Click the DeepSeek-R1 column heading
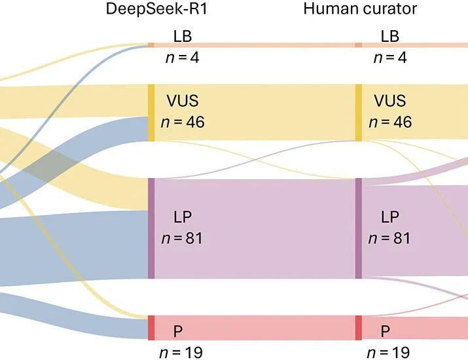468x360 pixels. (156, 9)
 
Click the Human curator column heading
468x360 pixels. (360, 9)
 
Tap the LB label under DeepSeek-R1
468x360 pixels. (183, 37)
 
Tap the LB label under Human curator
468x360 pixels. (390, 37)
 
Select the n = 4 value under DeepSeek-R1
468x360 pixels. (183, 58)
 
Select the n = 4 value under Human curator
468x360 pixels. (390, 58)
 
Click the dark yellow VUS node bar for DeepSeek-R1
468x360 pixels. (151, 113)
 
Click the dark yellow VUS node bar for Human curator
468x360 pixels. (359, 113)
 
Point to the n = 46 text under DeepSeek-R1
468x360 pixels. (183, 122)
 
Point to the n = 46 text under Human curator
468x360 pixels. (390, 122)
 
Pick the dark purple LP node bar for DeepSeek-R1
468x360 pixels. (151, 228)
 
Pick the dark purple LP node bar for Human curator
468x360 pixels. (359, 228)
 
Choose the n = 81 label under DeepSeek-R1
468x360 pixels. (182, 238)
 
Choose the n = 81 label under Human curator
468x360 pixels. (389, 238)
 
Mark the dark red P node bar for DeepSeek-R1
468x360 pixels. (151, 328)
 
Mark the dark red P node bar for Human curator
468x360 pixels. (359, 328)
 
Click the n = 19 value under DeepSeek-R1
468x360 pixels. (181, 353)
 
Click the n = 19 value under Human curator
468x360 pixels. (389, 353)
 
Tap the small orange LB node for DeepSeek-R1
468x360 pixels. (151, 45)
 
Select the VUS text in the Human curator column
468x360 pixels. (390, 101)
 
